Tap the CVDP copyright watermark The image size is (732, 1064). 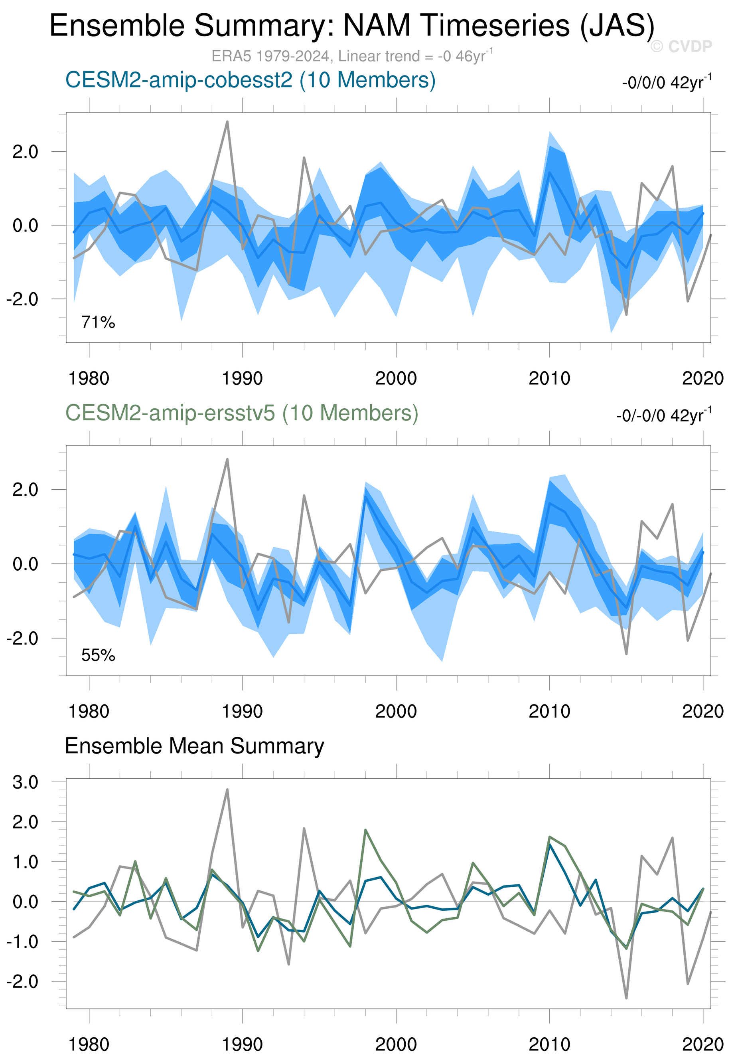681,46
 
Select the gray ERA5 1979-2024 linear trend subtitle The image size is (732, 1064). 351,56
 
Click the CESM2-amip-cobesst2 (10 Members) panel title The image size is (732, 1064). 250,80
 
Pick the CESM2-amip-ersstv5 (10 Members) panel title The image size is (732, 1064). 242,413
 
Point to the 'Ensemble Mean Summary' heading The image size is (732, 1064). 194,746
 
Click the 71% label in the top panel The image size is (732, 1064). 98,322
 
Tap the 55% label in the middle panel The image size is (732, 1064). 98,655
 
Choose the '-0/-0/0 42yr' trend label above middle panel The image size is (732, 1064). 664,415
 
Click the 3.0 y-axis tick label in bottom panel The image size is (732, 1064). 26,782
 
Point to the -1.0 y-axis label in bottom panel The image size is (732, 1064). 23,941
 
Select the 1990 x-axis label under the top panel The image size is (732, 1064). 242,378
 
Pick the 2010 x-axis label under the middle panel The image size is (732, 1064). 549,712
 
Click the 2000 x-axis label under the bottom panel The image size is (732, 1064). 396,1045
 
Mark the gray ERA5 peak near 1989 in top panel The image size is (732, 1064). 227,122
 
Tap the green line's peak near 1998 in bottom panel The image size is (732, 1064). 365,830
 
